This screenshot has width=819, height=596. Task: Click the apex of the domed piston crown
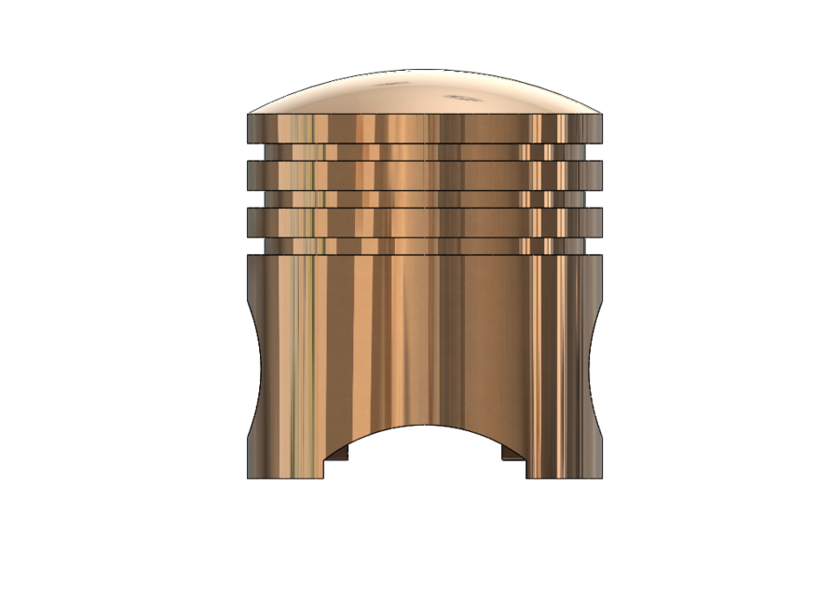point(424,70)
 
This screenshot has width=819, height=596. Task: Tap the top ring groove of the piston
point(424,151)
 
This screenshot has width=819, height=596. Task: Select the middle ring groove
point(424,198)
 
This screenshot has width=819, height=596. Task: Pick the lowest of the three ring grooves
point(424,244)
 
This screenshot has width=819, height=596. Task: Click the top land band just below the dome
point(424,128)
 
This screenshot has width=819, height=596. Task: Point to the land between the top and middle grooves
point(424,174)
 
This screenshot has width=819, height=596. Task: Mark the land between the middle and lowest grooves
point(424,221)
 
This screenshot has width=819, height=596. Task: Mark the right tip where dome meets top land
point(601,115)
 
